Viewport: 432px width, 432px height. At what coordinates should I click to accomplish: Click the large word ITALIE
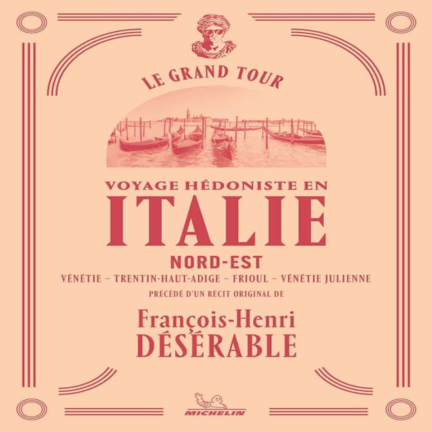click(x=216, y=221)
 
